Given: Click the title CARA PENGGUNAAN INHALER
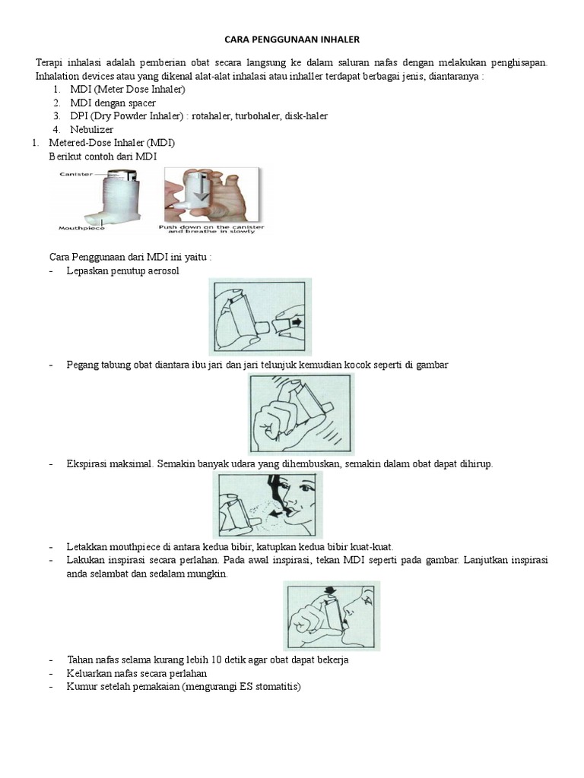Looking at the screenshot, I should [x=291, y=40].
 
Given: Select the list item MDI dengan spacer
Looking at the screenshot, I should [x=113, y=103].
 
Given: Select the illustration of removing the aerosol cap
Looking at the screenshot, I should [x=260, y=316].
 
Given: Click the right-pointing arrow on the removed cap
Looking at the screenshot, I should [x=295, y=321].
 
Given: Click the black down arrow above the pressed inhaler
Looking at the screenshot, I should [x=330, y=590].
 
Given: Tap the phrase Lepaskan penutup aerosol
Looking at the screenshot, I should [x=123, y=271].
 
